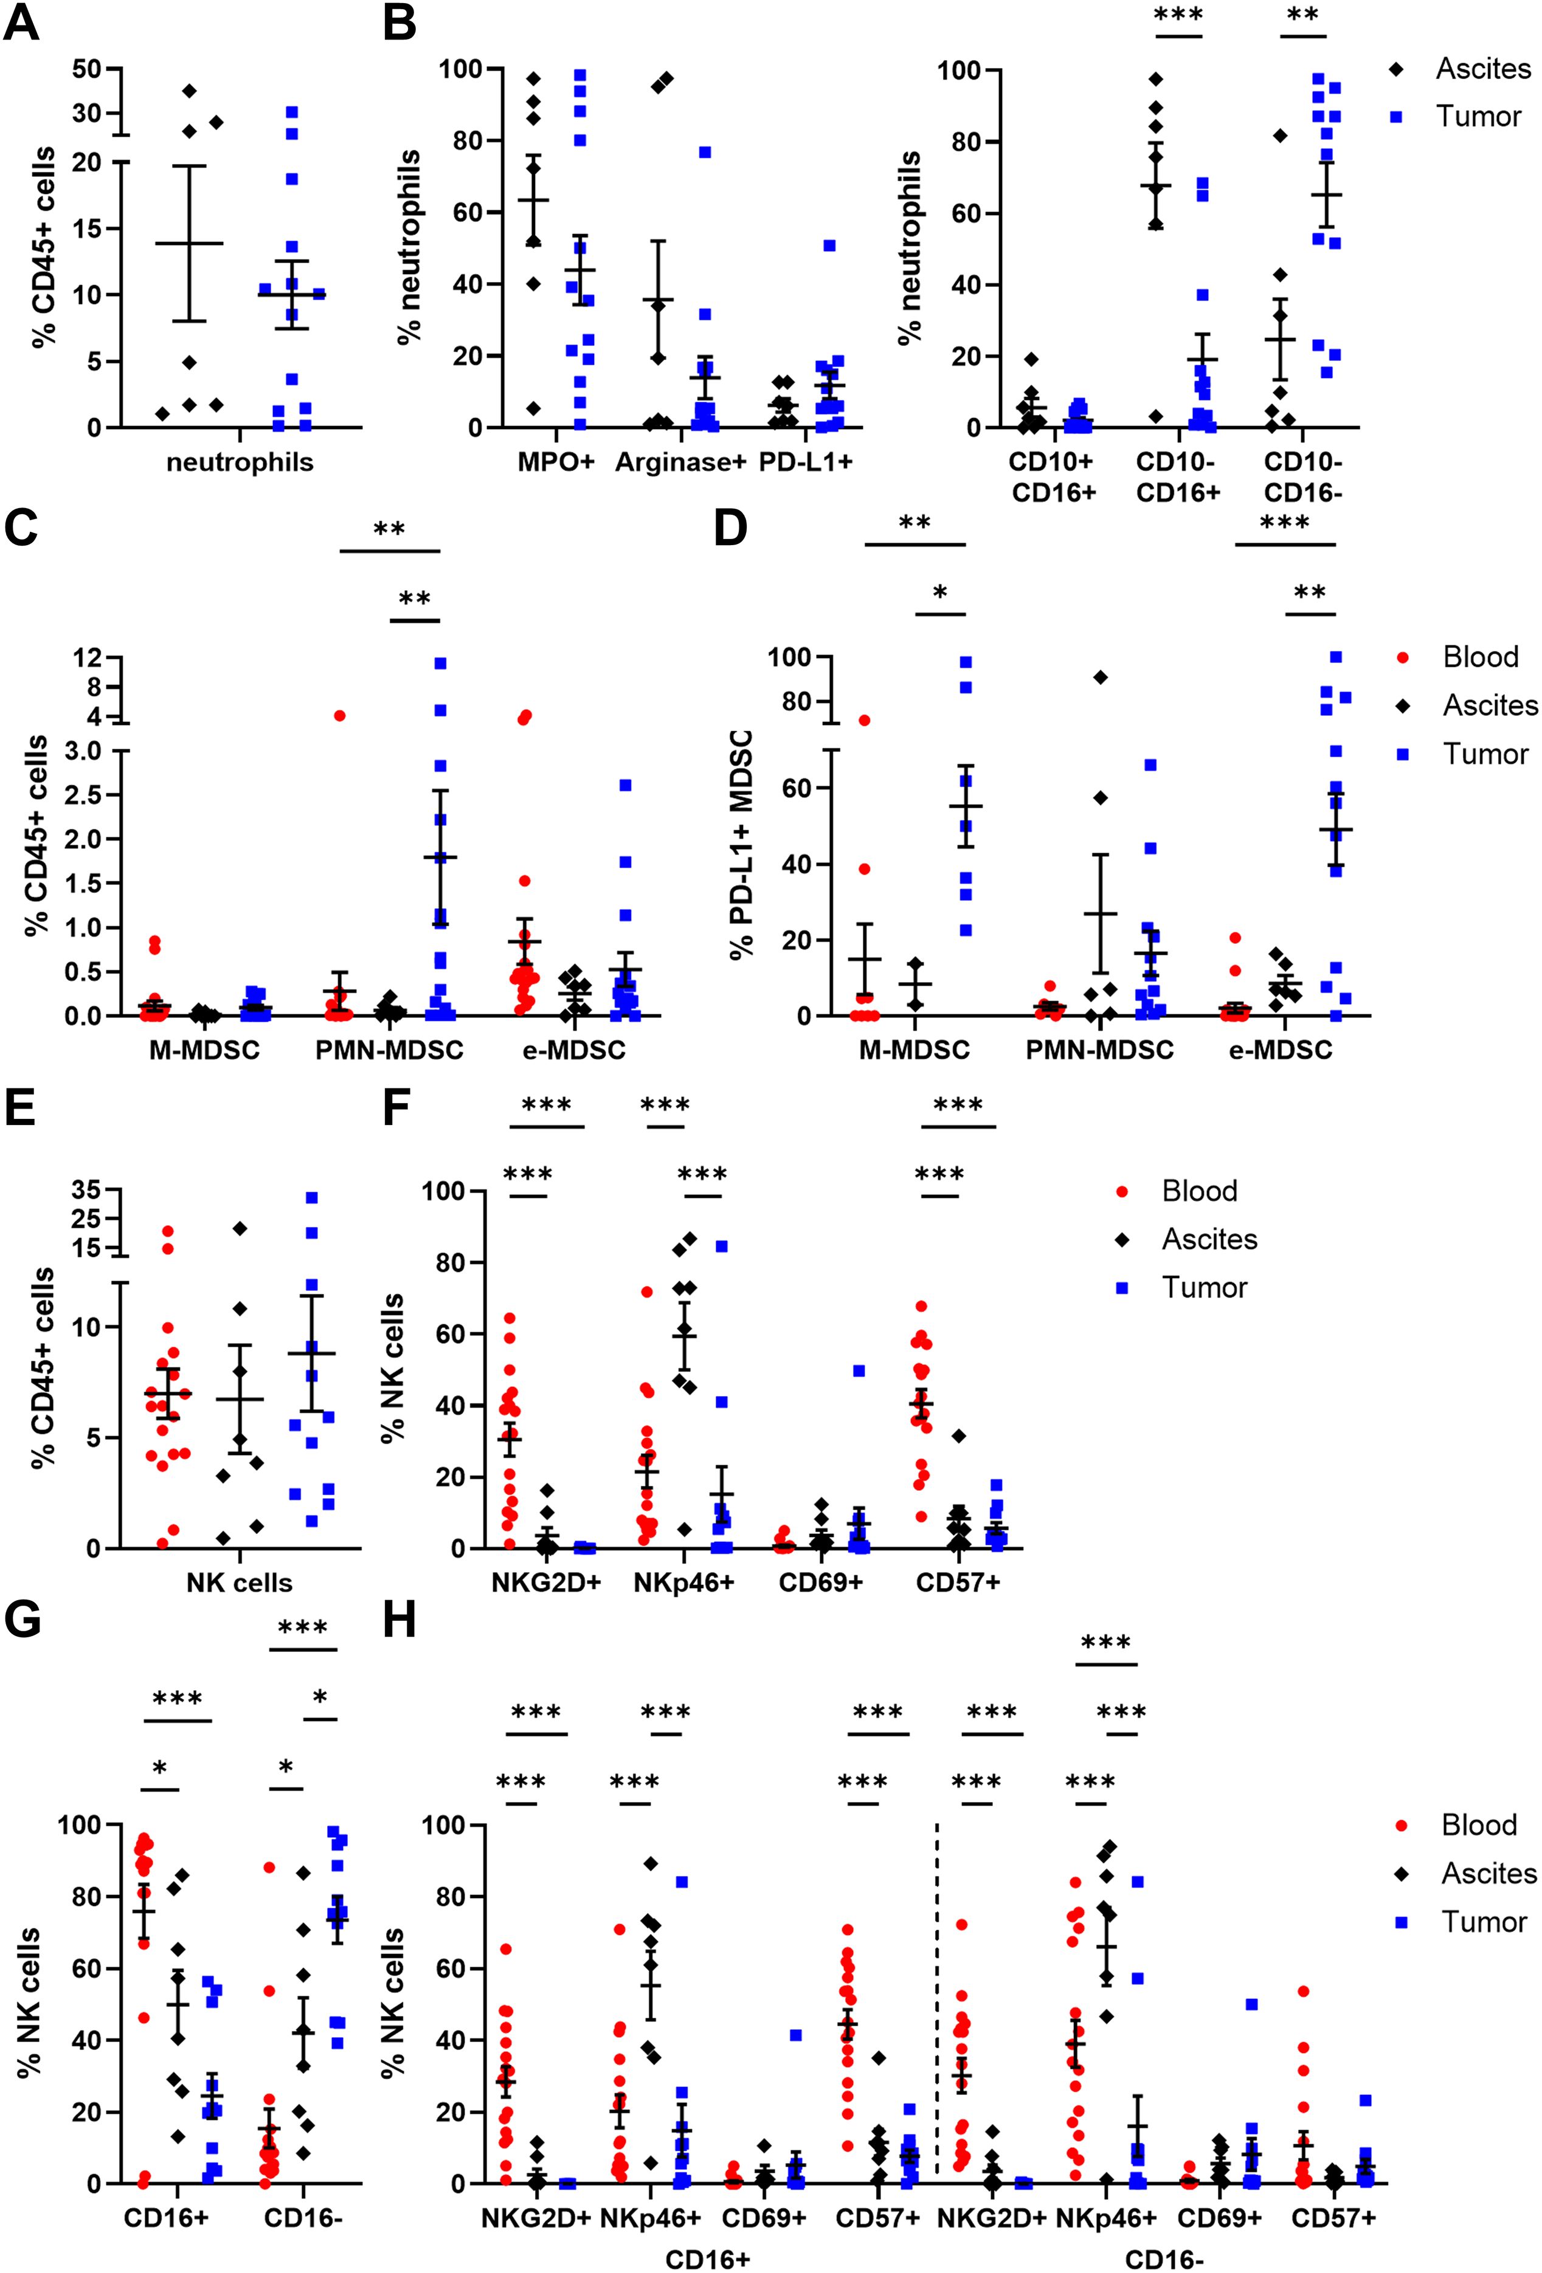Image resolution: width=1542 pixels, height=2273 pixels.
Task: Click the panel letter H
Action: (x=400, y=1621)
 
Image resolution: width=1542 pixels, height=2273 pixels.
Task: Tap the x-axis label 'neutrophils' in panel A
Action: (x=240, y=462)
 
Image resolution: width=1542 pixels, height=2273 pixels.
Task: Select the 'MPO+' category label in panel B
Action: (x=556, y=462)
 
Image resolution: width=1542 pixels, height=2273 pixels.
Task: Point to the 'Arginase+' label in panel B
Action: (x=680, y=462)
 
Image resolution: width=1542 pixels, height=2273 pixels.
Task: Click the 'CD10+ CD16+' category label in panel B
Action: (x=1053, y=476)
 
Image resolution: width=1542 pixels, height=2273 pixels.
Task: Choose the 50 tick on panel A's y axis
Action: (x=88, y=69)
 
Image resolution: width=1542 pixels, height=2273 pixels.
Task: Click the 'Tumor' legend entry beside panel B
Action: (x=1478, y=117)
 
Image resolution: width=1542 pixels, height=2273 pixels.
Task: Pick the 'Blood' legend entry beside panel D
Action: (x=1479, y=656)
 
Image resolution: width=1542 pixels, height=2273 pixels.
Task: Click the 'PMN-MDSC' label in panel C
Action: (x=389, y=1050)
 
